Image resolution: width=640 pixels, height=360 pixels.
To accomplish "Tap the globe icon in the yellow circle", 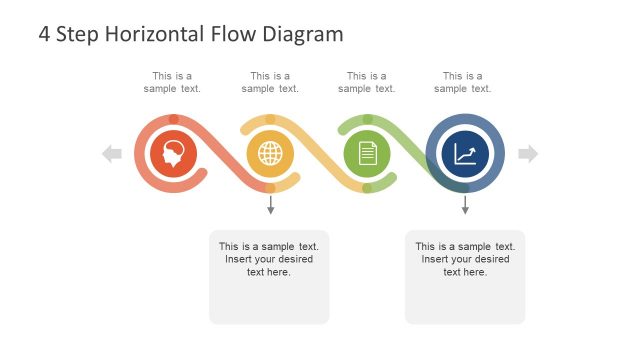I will point(270,154).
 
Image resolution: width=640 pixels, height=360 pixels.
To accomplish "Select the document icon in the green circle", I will point(367,154).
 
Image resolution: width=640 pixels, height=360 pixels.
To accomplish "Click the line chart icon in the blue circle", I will point(465,154).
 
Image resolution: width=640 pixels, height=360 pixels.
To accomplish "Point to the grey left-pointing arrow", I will point(112,154).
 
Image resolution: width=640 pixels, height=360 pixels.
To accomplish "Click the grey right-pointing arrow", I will point(528,154).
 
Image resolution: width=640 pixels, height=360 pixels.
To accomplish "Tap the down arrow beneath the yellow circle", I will point(270,206).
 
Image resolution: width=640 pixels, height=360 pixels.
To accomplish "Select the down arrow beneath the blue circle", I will point(465,206).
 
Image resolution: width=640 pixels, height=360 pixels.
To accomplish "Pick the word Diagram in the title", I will point(302,34).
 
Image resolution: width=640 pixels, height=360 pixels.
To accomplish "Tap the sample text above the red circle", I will point(172,82).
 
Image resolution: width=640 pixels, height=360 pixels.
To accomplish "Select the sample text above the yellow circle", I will point(270,82).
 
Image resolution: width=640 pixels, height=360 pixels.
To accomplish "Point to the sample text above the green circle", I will point(367,82).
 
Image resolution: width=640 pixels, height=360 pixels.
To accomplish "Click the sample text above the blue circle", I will point(463,82).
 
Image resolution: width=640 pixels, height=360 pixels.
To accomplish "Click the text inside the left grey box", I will point(269,259).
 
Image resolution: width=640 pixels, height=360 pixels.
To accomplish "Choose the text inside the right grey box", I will point(465,259).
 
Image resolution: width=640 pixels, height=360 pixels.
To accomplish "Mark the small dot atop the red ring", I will point(174,119).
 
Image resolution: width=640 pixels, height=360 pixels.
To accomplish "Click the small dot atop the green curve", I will point(367,119).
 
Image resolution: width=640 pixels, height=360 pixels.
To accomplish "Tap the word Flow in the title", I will point(234,34).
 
